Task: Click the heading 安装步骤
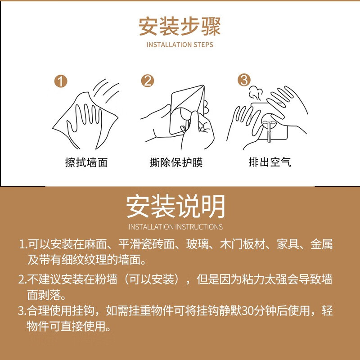tap(180, 26)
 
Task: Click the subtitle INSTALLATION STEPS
tap(180, 45)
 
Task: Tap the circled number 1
tap(61, 81)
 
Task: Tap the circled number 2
tap(148, 81)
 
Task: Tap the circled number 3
tap(244, 80)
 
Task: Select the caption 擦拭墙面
tap(86, 162)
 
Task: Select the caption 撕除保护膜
tap(176, 162)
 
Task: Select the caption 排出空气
tap(270, 162)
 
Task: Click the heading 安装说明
tap(175, 206)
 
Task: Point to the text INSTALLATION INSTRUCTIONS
tap(175, 227)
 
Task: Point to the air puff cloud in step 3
tap(255, 94)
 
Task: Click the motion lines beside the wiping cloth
tap(106, 91)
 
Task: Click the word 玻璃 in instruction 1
tap(197, 244)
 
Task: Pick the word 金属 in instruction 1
tap(321, 244)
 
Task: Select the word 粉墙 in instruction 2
tap(106, 279)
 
